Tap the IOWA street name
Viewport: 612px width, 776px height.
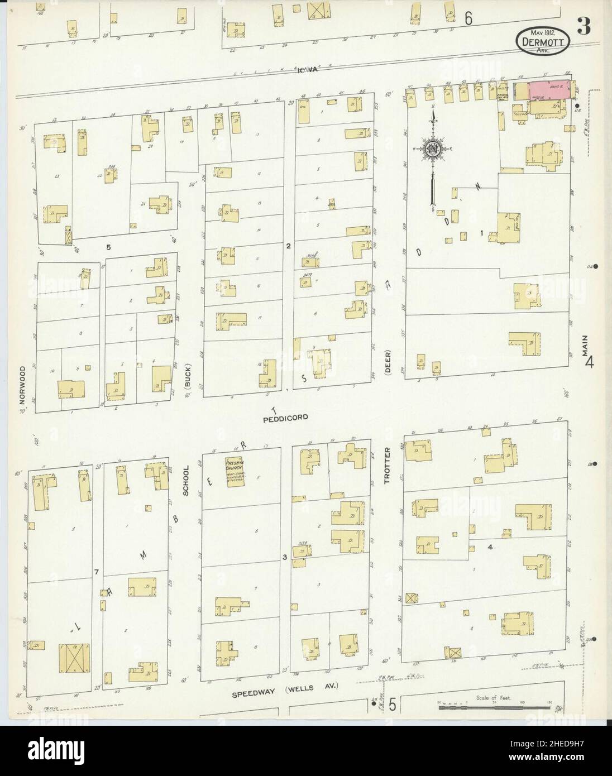click(307, 70)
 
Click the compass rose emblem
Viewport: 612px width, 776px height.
click(433, 150)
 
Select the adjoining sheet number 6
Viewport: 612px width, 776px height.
click(468, 18)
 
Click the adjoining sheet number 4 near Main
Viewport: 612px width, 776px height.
click(589, 363)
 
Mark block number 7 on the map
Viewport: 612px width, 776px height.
click(97, 572)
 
